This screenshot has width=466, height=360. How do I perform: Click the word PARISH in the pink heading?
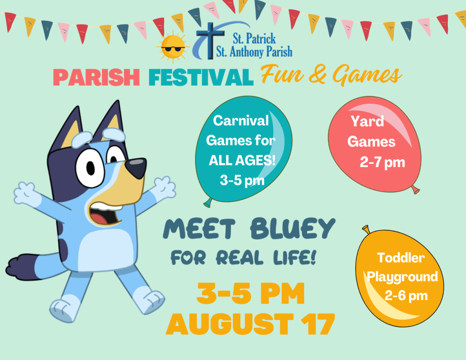click(x=96, y=77)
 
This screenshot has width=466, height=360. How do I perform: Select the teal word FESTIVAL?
click(x=201, y=77)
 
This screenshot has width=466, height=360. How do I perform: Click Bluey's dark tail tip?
click(x=21, y=267)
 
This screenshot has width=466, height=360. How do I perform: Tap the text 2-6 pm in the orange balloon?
click(x=406, y=296)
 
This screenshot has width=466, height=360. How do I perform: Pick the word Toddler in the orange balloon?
click(x=401, y=258)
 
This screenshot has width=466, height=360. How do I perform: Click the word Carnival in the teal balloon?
click(x=241, y=121)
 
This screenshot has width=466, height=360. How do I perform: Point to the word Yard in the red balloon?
click(x=367, y=121)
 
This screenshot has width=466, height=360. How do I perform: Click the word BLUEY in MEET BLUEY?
click(x=293, y=228)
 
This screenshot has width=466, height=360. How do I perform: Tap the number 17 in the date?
click(x=318, y=324)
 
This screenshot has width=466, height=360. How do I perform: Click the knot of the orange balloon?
click(x=366, y=229)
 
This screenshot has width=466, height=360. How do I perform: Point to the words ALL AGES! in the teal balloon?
click(x=242, y=161)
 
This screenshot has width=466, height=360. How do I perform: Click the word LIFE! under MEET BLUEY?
click(x=294, y=257)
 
